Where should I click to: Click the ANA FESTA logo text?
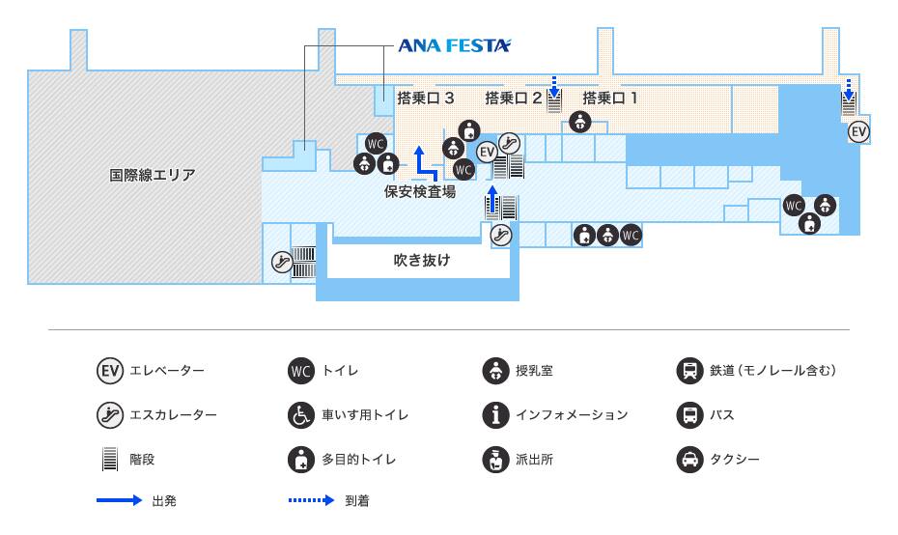(x=455, y=45)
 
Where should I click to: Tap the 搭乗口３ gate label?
(x=426, y=98)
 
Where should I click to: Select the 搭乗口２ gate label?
(x=514, y=98)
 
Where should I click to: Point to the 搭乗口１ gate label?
(x=610, y=98)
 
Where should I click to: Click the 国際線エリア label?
(x=152, y=175)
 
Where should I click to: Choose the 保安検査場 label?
(x=420, y=191)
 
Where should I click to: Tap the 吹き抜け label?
(x=422, y=260)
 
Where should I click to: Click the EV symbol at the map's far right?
(x=857, y=131)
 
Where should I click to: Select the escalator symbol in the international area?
(x=281, y=261)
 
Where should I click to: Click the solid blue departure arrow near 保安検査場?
(x=422, y=162)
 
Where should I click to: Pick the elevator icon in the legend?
(x=109, y=370)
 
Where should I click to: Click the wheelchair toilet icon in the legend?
(x=301, y=415)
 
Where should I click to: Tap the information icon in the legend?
(x=495, y=415)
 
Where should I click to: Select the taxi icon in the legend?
(x=688, y=460)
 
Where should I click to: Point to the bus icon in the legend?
(x=688, y=415)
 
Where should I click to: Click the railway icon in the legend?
(x=688, y=370)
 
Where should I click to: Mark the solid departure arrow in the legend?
(x=119, y=501)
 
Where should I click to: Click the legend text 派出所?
(x=535, y=460)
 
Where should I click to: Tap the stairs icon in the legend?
(x=109, y=460)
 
